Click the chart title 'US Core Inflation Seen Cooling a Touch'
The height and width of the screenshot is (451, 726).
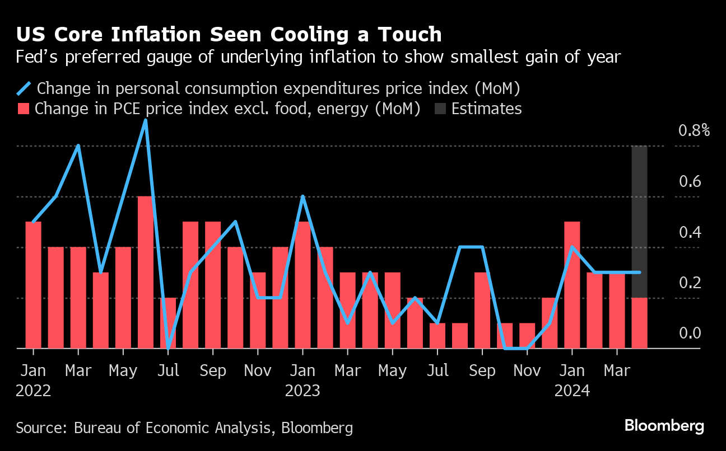coord(229,35)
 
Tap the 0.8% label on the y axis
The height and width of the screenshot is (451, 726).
coord(694,131)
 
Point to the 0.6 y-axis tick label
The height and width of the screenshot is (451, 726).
coord(690,182)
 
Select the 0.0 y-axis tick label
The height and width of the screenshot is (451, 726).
coord(690,334)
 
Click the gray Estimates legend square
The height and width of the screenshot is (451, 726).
coord(440,109)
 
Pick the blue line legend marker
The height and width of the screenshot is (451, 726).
coord(24,88)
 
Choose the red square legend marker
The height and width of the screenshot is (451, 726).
coord(24,109)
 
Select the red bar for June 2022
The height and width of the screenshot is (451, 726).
coord(146,273)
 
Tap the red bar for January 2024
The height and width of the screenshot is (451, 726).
coord(572,285)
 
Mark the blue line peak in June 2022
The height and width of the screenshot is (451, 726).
coord(146,120)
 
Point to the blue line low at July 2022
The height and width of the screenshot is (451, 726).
coord(168,347)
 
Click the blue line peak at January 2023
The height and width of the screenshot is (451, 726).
coord(302,197)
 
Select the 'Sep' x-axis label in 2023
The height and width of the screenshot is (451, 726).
coord(482,371)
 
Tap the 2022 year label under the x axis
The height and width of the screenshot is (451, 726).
coord(34,391)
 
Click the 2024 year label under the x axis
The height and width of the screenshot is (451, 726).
coord(572,391)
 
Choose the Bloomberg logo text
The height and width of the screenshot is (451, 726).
coord(664,426)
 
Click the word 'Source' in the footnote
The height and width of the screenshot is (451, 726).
coord(40,429)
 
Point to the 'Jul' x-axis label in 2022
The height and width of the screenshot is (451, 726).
coord(168,371)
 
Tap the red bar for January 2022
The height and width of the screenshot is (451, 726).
coord(34,285)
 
